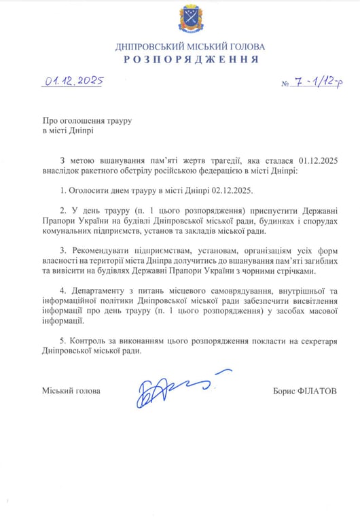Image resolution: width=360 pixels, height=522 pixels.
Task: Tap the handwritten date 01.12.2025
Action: pos(74,82)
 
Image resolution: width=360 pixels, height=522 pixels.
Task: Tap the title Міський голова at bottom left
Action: pos(71,391)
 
